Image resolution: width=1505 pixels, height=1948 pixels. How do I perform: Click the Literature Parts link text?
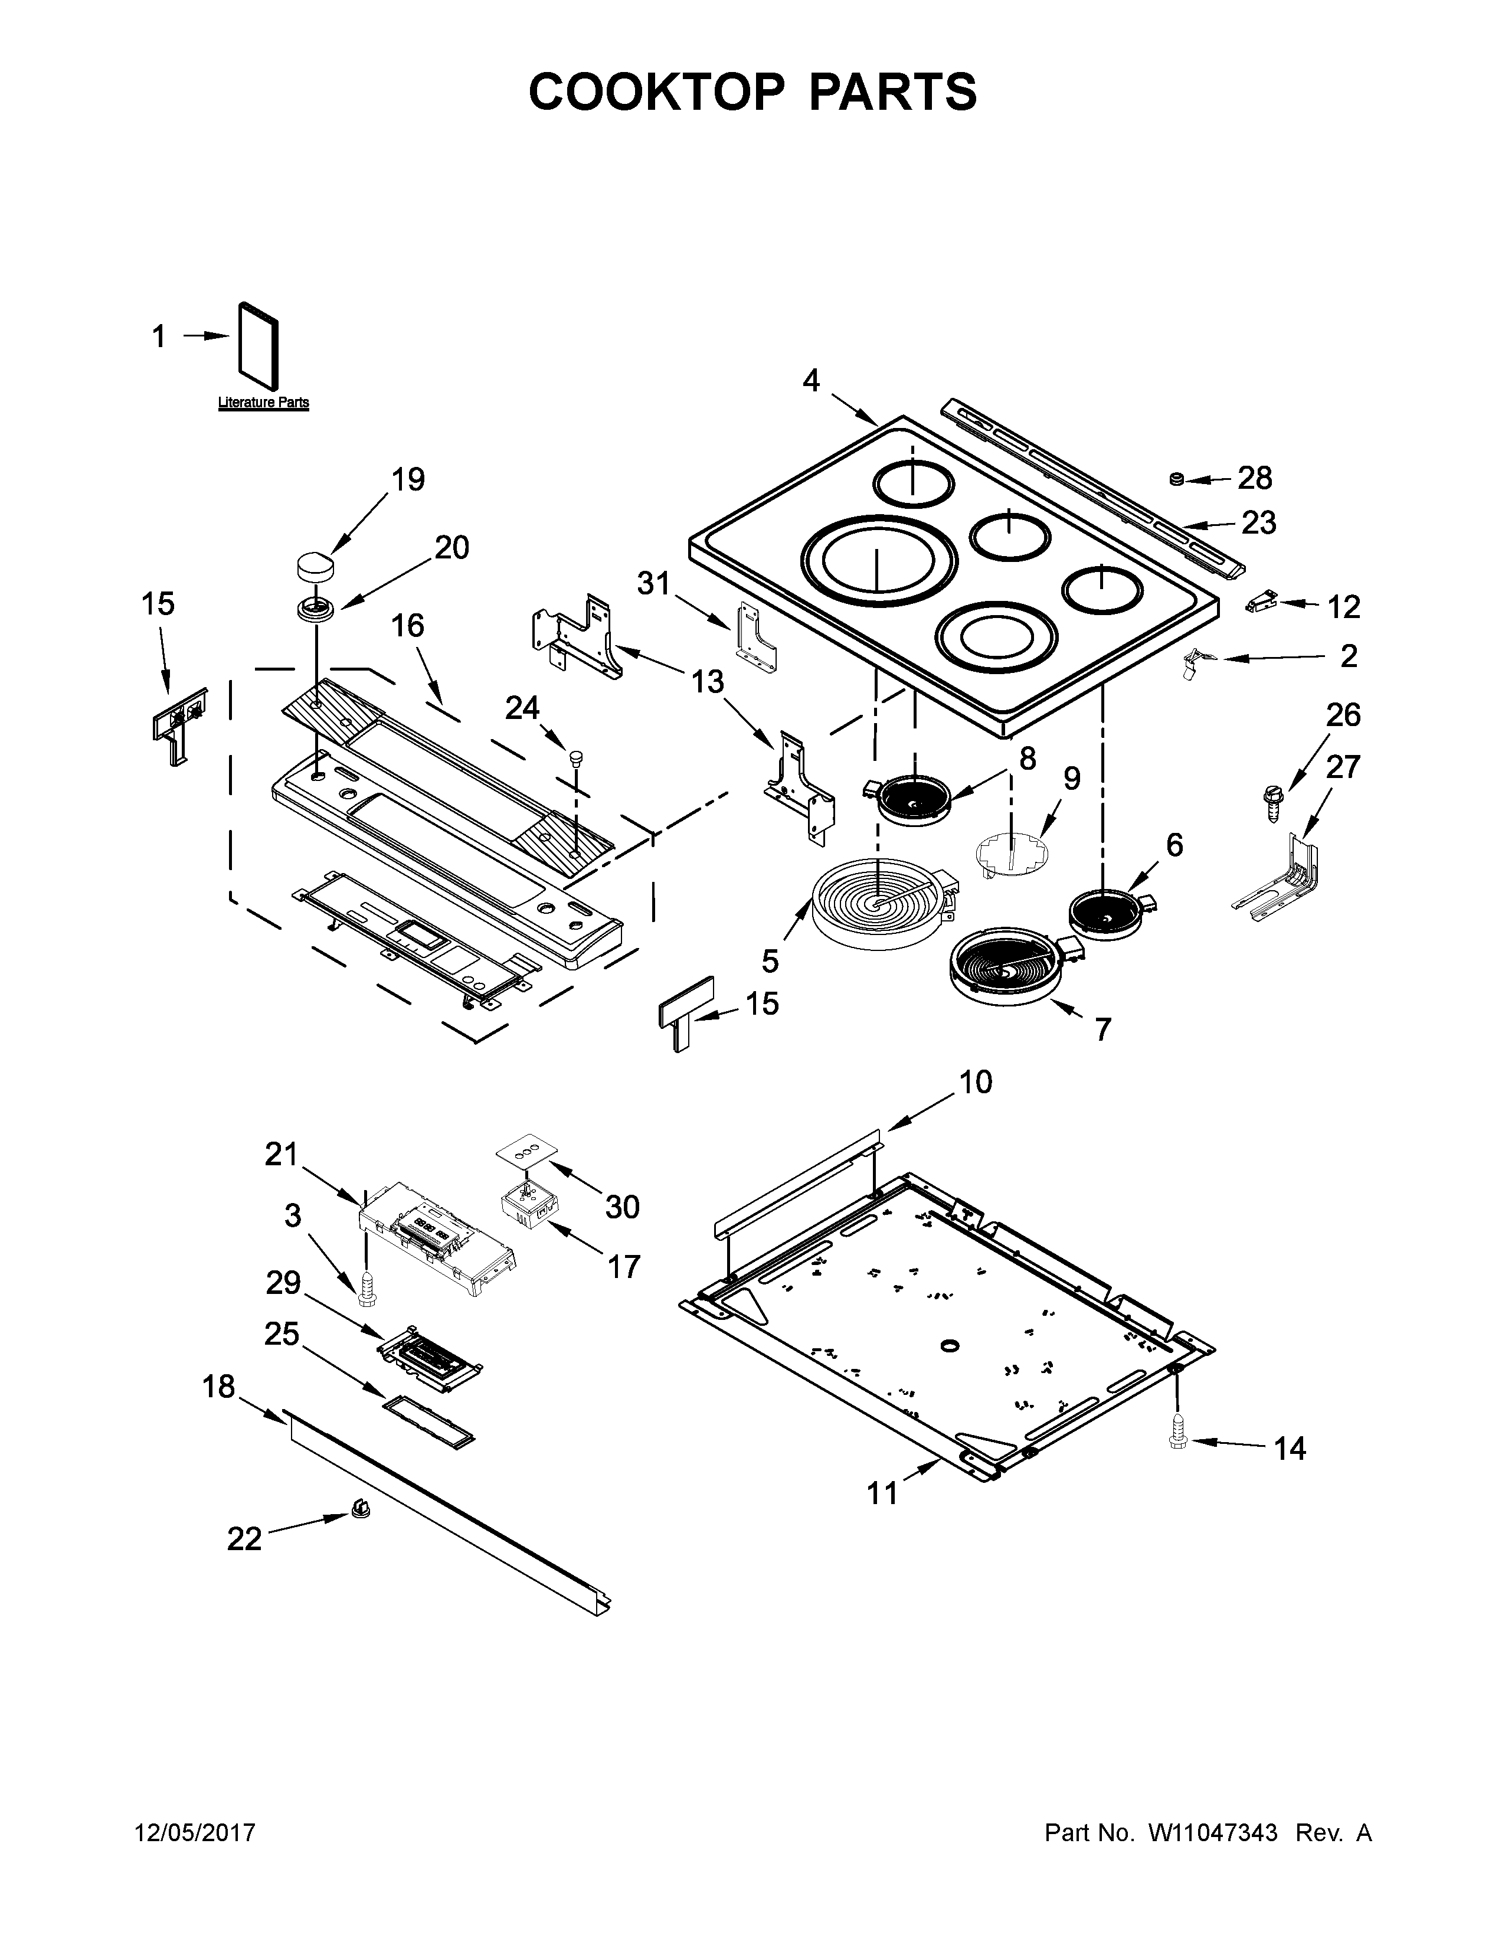pyautogui.click(x=264, y=402)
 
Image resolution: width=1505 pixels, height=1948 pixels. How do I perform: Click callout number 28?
pyautogui.click(x=1255, y=478)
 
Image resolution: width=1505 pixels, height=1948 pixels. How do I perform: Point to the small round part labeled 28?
pyautogui.click(x=1177, y=480)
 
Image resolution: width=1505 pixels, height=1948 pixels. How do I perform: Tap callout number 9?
pyautogui.click(x=1071, y=779)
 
